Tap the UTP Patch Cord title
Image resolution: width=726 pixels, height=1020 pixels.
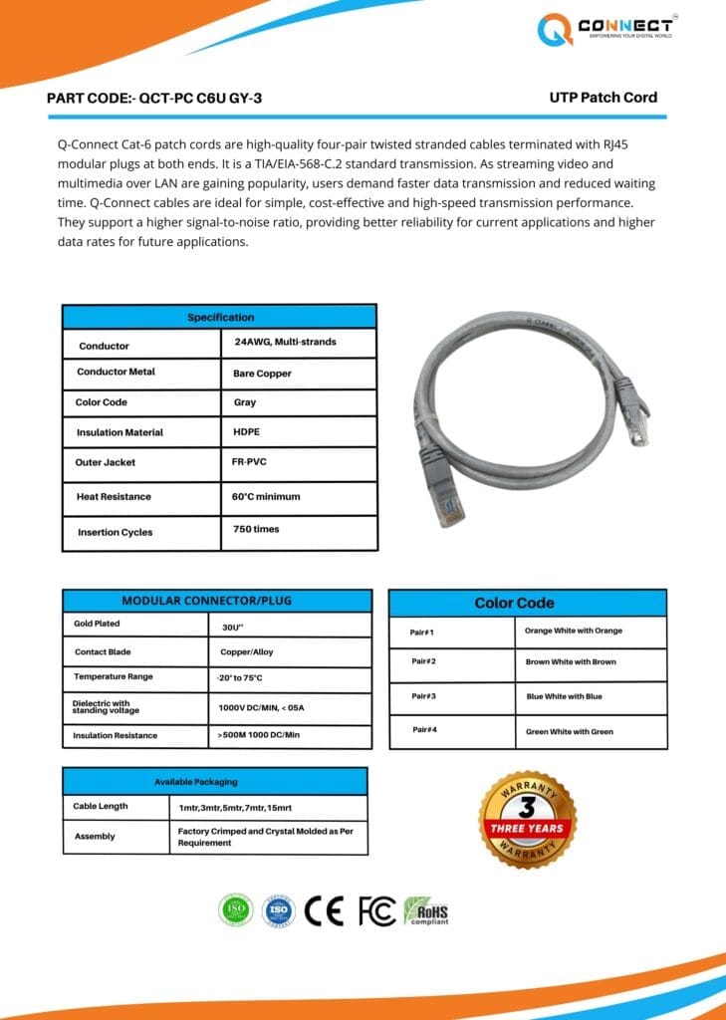click(x=603, y=98)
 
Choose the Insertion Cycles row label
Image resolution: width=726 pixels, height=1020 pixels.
click(x=115, y=532)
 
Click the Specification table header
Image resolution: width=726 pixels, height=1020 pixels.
click(x=220, y=317)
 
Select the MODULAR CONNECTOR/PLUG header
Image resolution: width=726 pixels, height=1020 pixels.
click(x=207, y=601)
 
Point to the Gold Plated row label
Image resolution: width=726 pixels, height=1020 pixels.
click(x=97, y=624)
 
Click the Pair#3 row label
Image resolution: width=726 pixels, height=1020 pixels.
click(x=422, y=696)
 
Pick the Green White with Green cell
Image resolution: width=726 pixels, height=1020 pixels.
click(x=569, y=732)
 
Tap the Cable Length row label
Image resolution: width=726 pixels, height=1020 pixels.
click(x=100, y=806)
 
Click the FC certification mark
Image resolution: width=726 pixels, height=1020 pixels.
click(x=376, y=910)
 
